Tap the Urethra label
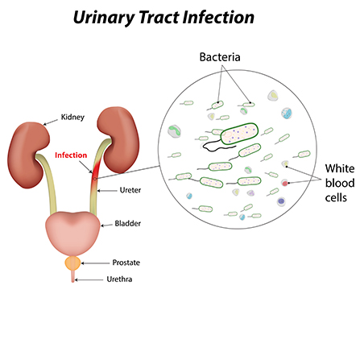click(x=121, y=280)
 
